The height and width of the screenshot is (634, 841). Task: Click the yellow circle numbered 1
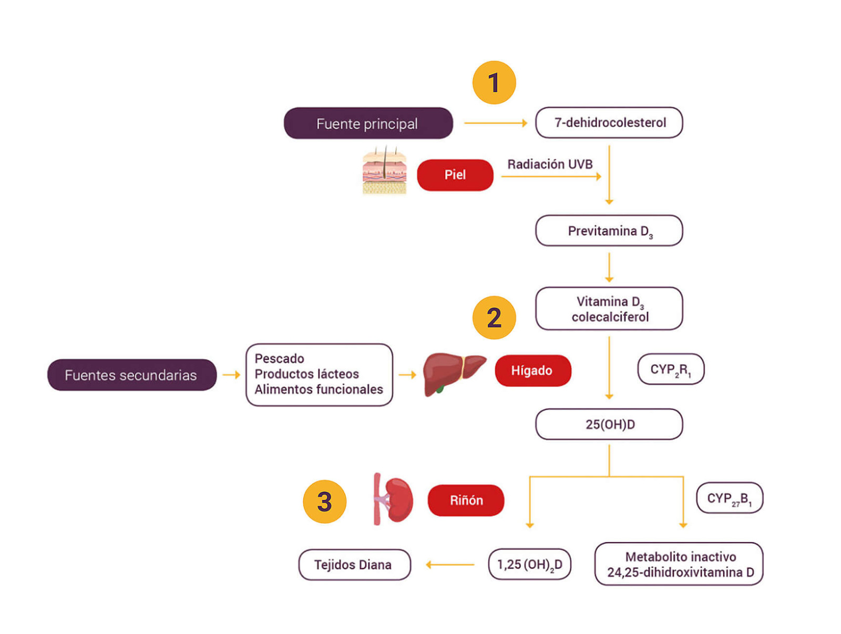pyautogui.click(x=494, y=83)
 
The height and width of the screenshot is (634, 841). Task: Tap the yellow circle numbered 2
pyautogui.click(x=494, y=317)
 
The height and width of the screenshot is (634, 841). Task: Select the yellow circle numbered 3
pyautogui.click(x=324, y=501)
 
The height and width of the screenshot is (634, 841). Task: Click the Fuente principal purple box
pyautogui.click(x=368, y=124)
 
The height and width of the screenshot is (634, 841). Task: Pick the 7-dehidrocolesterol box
pyautogui.click(x=609, y=122)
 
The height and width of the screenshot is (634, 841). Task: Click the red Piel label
pyautogui.click(x=455, y=175)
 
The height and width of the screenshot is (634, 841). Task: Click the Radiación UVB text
pyautogui.click(x=549, y=164)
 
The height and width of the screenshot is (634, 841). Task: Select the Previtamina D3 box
pyautogui.click(x=609, y=231)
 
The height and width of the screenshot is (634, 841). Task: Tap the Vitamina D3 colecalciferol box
pyautogui.click(x=609, y=309)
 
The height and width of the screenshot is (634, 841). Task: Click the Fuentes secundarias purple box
pyautogui.click(x=131, y=375)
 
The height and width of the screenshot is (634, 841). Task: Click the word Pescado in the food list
pyautogui.click(x=279, y=359)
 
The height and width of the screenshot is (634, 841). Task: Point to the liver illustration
pyautogui.click(x=452, y=372)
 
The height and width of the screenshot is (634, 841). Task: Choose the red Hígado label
pyautogui.click(x=532, y=371)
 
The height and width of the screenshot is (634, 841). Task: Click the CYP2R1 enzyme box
pyautogui.click(x=670, y=370)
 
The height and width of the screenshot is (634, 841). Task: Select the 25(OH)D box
pyautogui.click(x=609, y=424)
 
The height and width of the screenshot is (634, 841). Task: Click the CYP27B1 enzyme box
pyautogui.click(x=729, y=498)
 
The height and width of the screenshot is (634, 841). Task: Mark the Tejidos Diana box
pyautogui.click(x=354, y=565)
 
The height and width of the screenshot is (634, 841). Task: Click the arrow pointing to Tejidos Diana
pyautogui.click(x=450, y=565)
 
